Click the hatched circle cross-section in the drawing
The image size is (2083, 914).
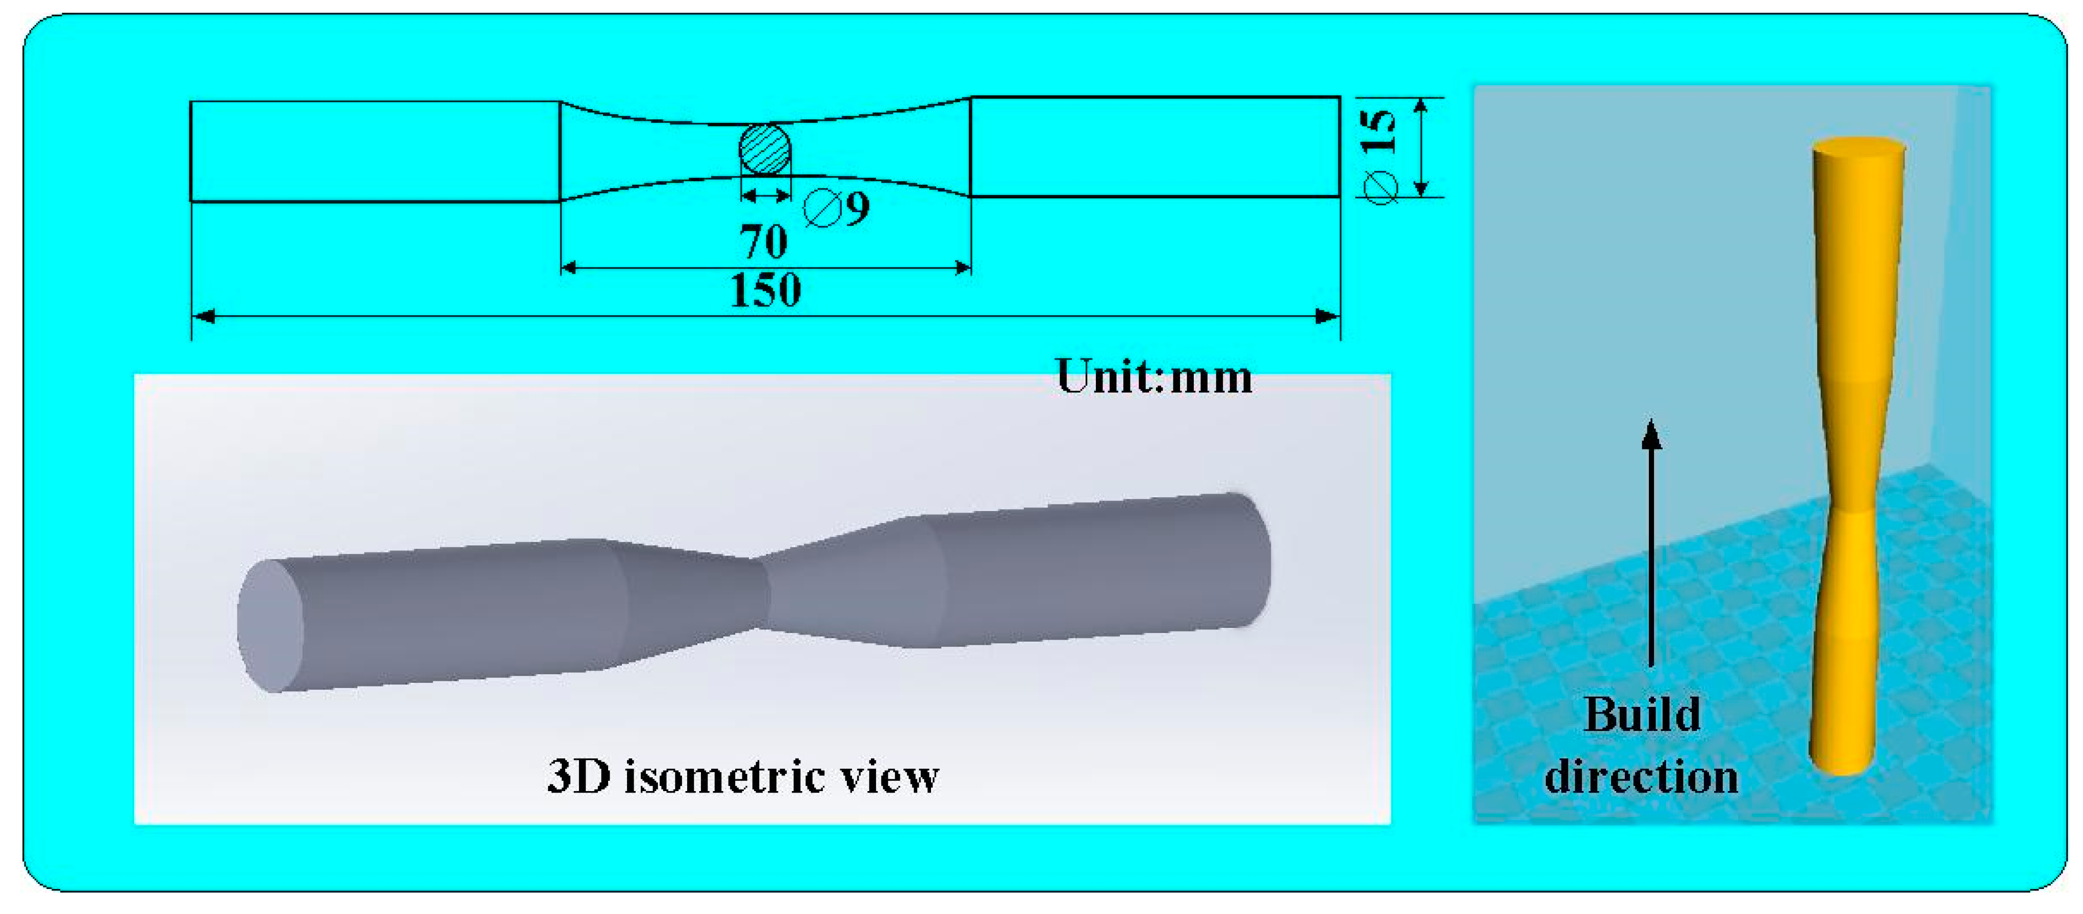point(765,149)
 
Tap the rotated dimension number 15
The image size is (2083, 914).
point(1378,131)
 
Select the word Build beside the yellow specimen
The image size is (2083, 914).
point(1642,715)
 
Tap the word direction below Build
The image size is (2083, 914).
point(1642,777)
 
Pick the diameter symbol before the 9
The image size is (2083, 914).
point(822,209)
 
